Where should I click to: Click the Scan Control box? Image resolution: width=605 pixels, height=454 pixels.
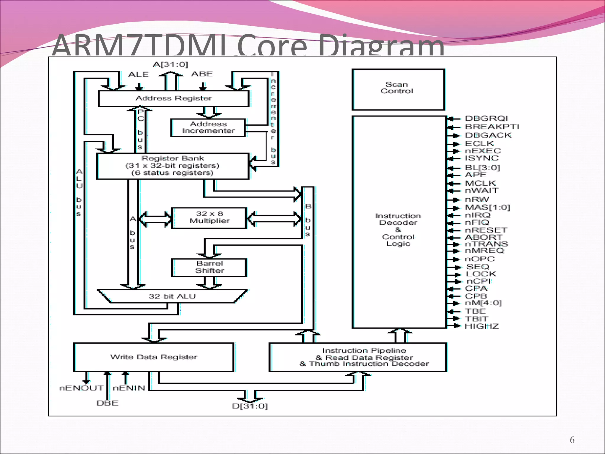click(398, 89)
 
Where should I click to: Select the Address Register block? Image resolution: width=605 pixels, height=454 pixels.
click(173, 98)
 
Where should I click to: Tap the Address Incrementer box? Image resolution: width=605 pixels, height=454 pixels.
click(208, 128)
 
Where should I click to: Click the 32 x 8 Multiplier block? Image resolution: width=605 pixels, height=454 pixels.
click(209, 218)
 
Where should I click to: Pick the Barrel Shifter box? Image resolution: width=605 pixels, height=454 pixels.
click(209, 267)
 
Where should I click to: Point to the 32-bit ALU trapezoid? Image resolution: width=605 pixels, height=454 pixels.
click(172, 296)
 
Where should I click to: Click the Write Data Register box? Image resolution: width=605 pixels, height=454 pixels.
click(154, 357)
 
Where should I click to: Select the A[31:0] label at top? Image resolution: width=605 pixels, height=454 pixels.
click(170, 64)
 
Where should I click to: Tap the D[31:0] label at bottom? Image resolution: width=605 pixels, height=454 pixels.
click(250, 406)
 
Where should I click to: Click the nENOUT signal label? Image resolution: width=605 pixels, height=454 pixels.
click(81, 388)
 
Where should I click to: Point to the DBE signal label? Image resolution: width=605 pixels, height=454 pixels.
click(107, 403)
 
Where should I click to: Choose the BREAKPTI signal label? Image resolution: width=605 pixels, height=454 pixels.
click(492, 127)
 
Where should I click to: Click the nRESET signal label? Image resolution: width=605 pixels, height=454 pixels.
click(486, 230)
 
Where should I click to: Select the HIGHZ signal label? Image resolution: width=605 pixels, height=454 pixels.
click(482, 326)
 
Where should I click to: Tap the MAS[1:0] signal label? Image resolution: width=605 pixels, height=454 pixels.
click(488, 207)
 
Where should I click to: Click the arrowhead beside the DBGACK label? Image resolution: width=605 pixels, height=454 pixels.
click(456, 136)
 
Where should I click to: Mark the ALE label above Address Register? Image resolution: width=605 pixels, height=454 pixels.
click(139, 74)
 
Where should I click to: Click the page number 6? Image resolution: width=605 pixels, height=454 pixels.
click(572, 440)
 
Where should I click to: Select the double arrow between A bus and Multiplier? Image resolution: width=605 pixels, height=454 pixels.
click(155, 219)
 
